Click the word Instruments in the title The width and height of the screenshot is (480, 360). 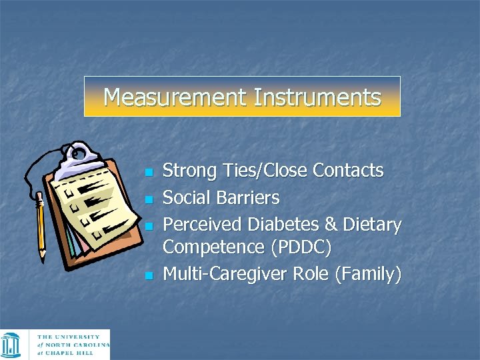317,97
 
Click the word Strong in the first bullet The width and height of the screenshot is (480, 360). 190,171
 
